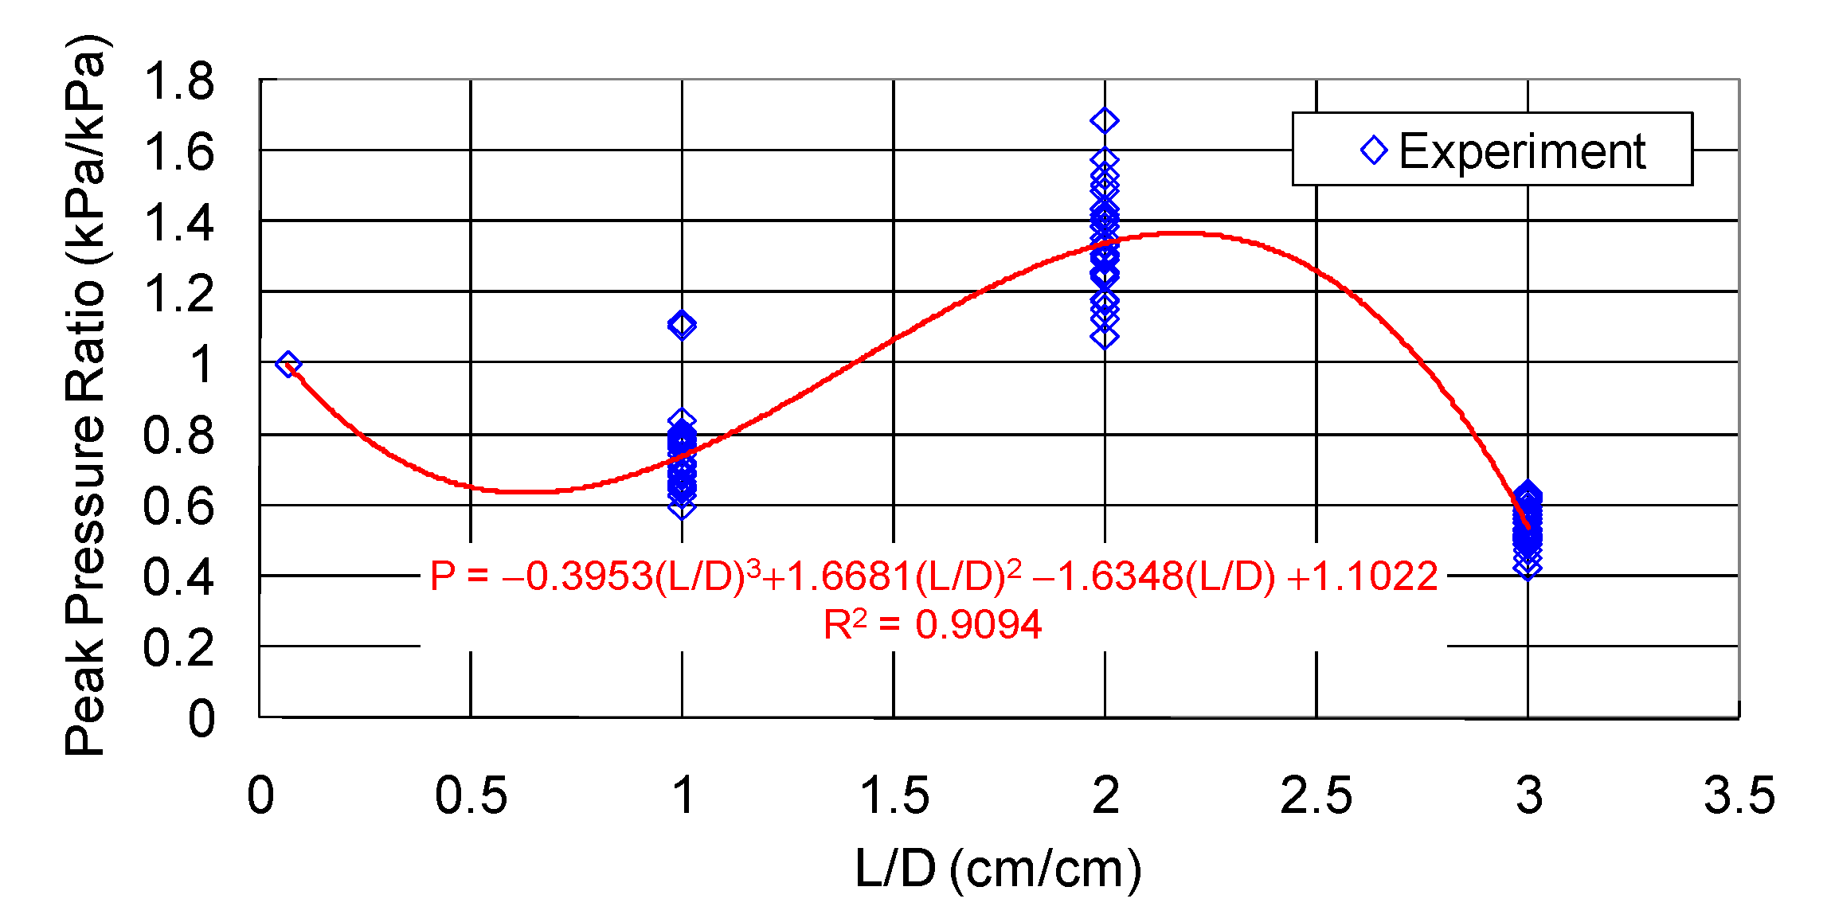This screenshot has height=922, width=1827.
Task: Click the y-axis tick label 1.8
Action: pos(179,81)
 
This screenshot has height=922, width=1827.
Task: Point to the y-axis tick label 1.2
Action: pos(179,294)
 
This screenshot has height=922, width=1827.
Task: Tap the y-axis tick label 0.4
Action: pos(179,577)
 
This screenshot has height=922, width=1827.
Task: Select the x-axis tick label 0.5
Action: pos(471,795)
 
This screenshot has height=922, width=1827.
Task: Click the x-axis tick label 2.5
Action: pos(1316,795)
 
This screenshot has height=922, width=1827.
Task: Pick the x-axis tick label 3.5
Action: pos(1739,795)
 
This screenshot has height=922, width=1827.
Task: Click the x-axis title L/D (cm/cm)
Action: pos(998,869)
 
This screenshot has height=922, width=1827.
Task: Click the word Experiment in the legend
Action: pos(1522,150)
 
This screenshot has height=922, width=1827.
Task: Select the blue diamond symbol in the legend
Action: pos(1374,150)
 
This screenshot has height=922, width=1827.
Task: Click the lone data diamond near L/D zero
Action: pos(288,365)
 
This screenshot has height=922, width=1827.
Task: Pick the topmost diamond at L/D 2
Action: pos(1105,120)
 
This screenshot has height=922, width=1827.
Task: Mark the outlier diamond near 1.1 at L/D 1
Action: pos(682,324)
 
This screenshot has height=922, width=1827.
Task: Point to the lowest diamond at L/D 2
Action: pos(1105,337)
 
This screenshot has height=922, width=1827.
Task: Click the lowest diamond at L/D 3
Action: pos(1528,568)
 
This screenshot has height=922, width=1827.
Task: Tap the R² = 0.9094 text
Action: pos(933,625)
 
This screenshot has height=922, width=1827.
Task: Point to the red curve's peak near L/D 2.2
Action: pos(1187,232)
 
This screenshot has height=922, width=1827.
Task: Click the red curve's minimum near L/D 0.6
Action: pos(530,492)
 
